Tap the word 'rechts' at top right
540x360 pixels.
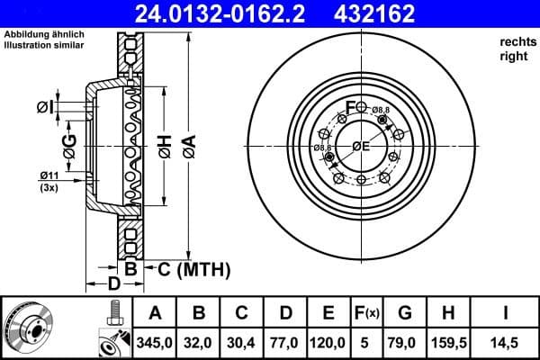pyautogui.click(x=515, y=42)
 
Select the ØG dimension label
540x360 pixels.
pyautogui.click(x=69, y=139)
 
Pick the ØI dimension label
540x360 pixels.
pyautogui.click(x=45, y=108)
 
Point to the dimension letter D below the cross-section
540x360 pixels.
pyautogui.click(x=114, y=284)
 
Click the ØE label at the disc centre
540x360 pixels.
pyautogui.click(x=361, y=146)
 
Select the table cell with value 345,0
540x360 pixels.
pyautogui.click(x=154, y=342)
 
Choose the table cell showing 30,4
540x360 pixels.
pyautogui.click(x=241, y=342)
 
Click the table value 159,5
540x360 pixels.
pyautogui.click(x=448, y=342)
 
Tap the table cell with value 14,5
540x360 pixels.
pyautogui.click(x=506, y=342)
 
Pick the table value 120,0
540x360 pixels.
pyautogui.click(x=328, y=342)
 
